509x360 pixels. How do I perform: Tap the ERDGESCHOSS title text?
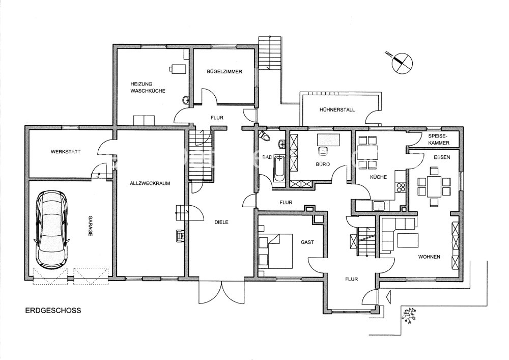pos(53,310)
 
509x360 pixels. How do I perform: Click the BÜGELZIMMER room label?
pos(224,71)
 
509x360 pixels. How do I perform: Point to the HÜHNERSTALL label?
pos(337,109)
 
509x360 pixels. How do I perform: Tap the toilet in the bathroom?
pos(264,136)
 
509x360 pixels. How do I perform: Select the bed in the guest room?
pos(275,251)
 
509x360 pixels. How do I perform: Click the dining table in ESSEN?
pos(434,186)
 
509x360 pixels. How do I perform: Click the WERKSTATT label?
pos(66,152)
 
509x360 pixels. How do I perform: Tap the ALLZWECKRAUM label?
pos(150,183)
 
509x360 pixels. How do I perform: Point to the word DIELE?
pos(221,223)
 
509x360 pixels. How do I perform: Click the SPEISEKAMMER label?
pos(439,140)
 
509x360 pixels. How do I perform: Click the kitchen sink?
pos(379,206)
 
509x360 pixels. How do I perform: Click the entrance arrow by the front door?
pos(388,296)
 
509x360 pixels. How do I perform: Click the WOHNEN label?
pos(429,257)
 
